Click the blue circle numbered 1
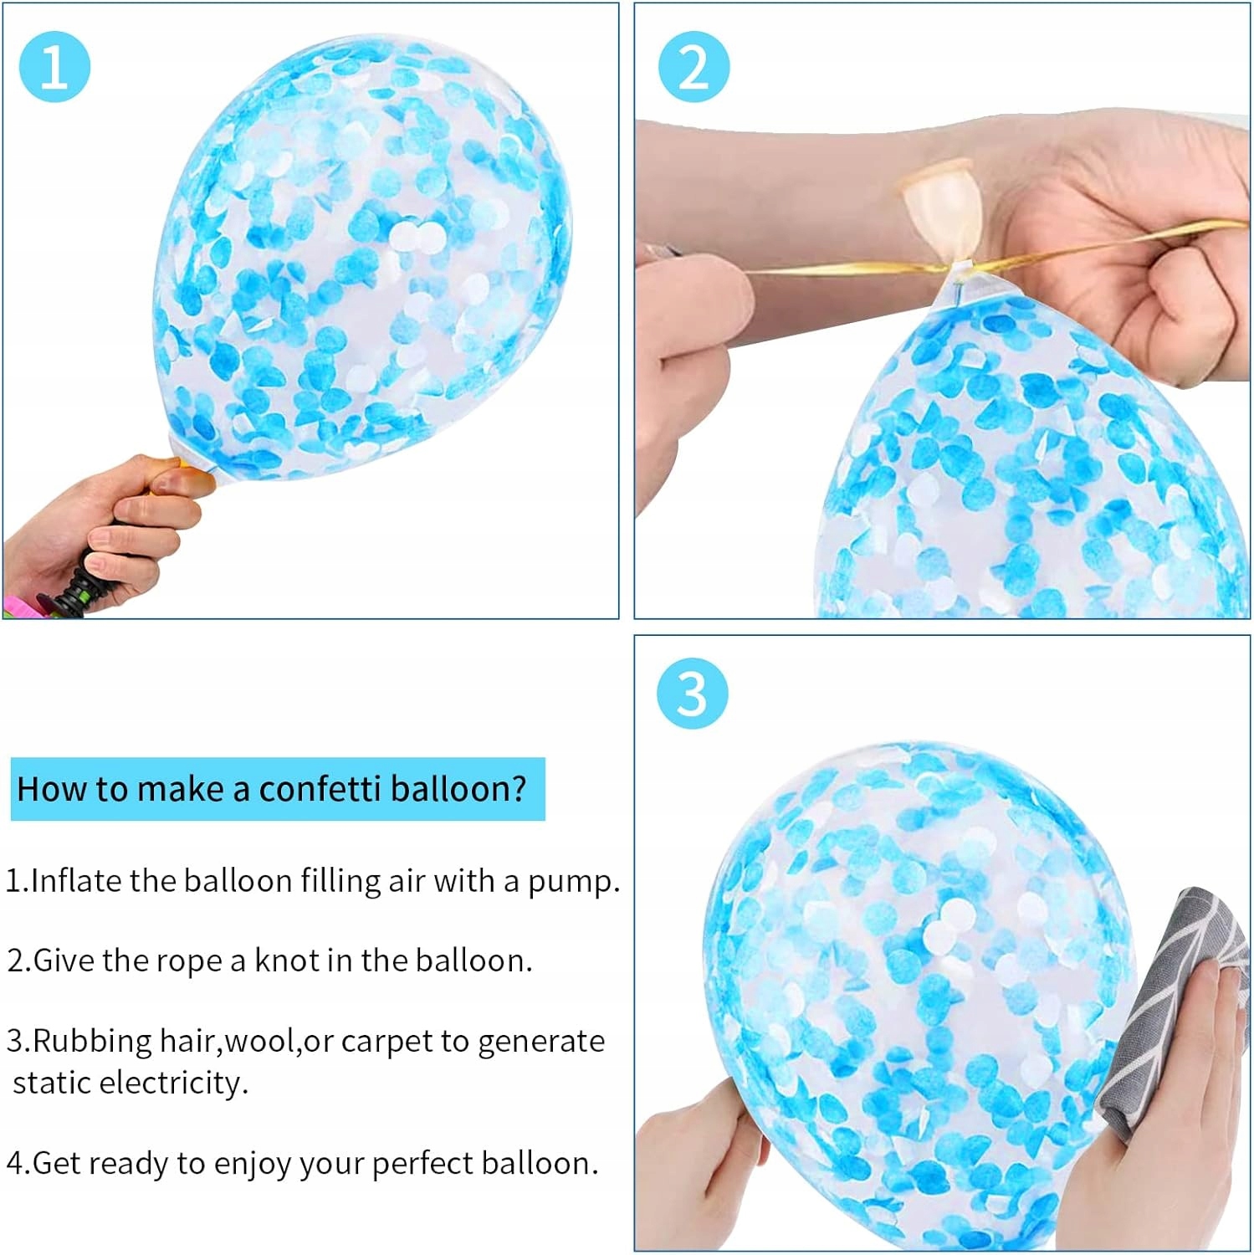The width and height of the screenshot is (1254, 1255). (54, 67)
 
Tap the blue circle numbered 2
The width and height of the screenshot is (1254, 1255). (694, 67)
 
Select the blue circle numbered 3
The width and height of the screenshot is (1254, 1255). (693, 694)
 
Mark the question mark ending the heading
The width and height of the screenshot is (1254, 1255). (519, 789)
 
